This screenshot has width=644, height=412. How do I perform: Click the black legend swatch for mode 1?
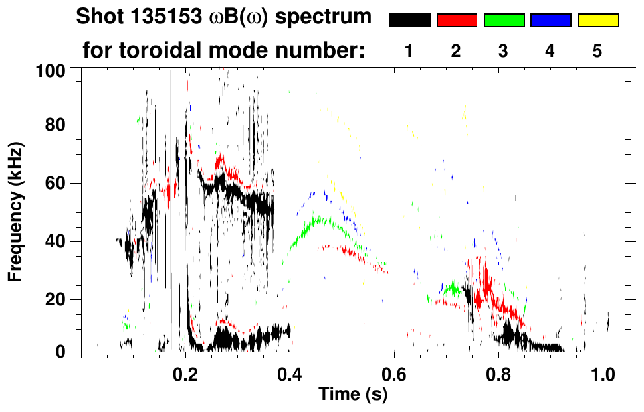(410, 21)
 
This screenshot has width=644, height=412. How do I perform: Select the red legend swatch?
(457, 21)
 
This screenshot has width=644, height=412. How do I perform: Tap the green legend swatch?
(504, 21)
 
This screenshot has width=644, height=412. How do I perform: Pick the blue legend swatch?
(550, 21)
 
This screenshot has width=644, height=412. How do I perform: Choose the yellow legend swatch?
(597, 21)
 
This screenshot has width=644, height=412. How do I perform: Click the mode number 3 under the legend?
(504, 52)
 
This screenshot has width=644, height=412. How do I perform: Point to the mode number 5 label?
(597, 52)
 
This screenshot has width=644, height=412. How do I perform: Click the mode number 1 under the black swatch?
(409, 52)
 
